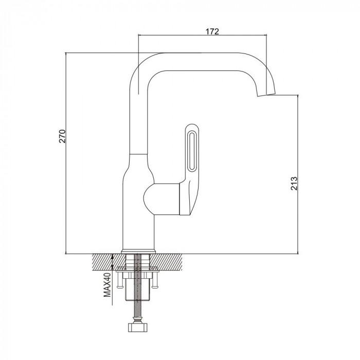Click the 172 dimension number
[x=212, y=31]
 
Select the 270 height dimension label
[x=62, y=136]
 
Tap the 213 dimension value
[x=294, y=183]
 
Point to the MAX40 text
[x=107, y=285]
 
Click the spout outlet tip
[x=266, y=94]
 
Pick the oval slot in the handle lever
[x=191, y=151]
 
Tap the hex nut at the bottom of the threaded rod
[x=137, y=327]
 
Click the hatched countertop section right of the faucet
[x=167, y=262]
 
